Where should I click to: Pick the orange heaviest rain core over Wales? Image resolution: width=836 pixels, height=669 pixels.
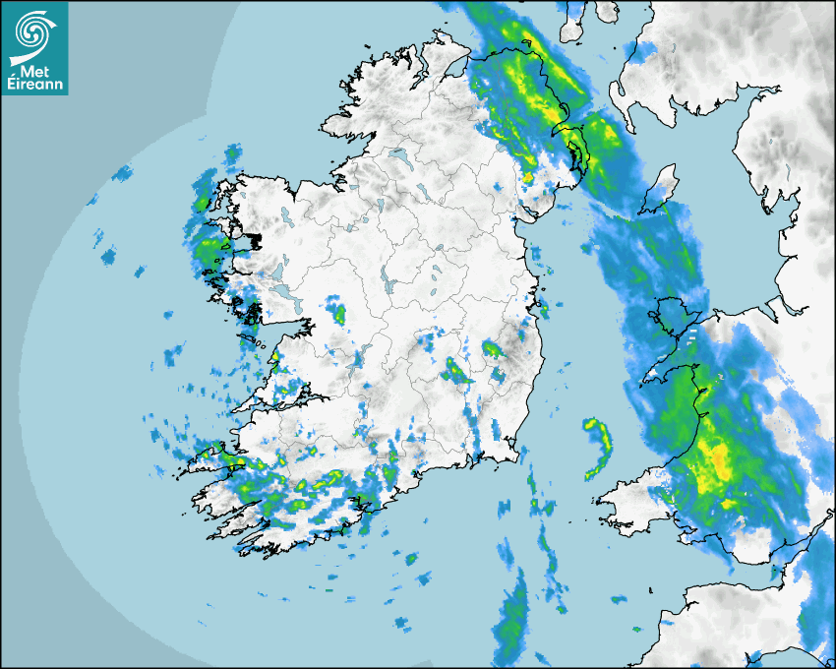716,462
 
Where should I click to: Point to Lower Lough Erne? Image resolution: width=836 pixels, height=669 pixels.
399,156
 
